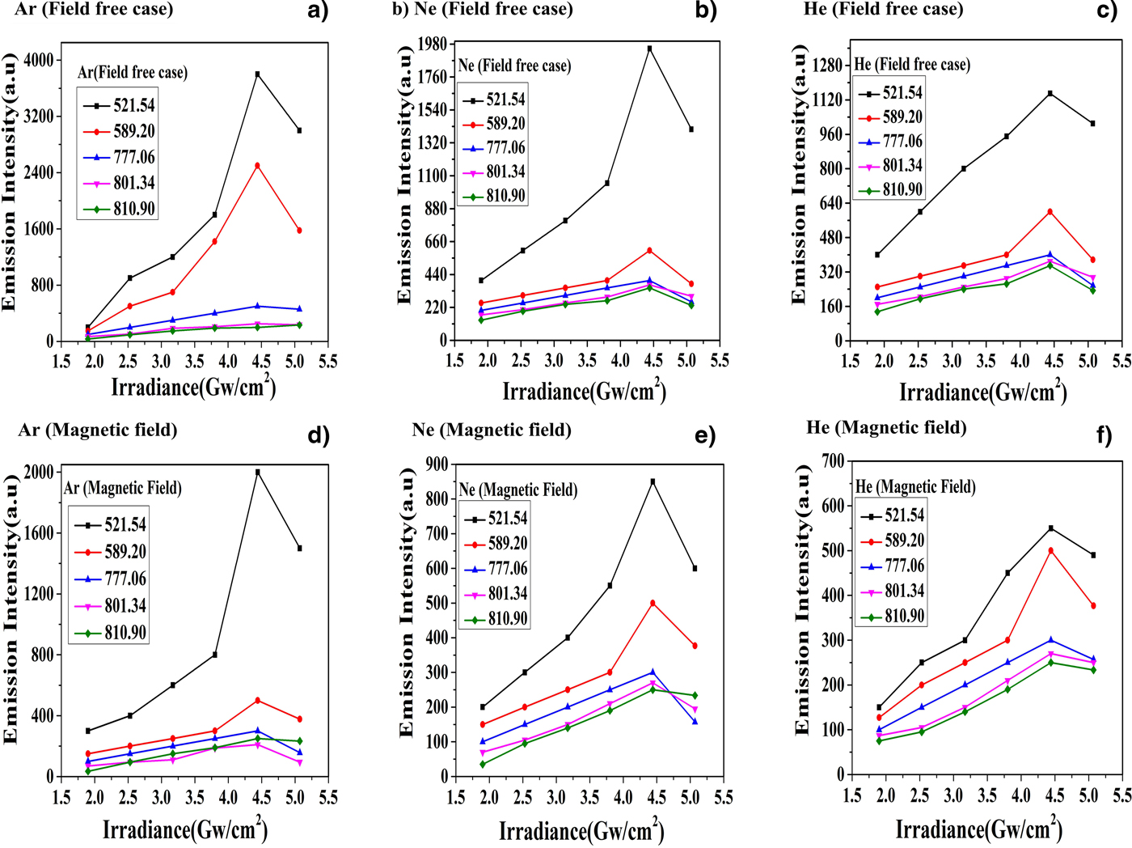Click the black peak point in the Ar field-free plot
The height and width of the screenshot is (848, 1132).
257,74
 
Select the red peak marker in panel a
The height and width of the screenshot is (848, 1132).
257,166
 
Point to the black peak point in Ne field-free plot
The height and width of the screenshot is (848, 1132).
649,49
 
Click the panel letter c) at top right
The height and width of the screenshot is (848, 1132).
1104,11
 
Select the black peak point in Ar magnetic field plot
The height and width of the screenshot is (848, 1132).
257,473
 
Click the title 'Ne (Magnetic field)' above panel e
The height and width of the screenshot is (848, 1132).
492,430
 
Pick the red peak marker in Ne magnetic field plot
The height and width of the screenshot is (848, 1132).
653,603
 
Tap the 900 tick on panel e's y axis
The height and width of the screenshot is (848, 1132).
437,464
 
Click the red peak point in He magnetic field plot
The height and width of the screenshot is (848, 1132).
1050,551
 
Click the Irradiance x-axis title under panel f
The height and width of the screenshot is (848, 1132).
978,829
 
